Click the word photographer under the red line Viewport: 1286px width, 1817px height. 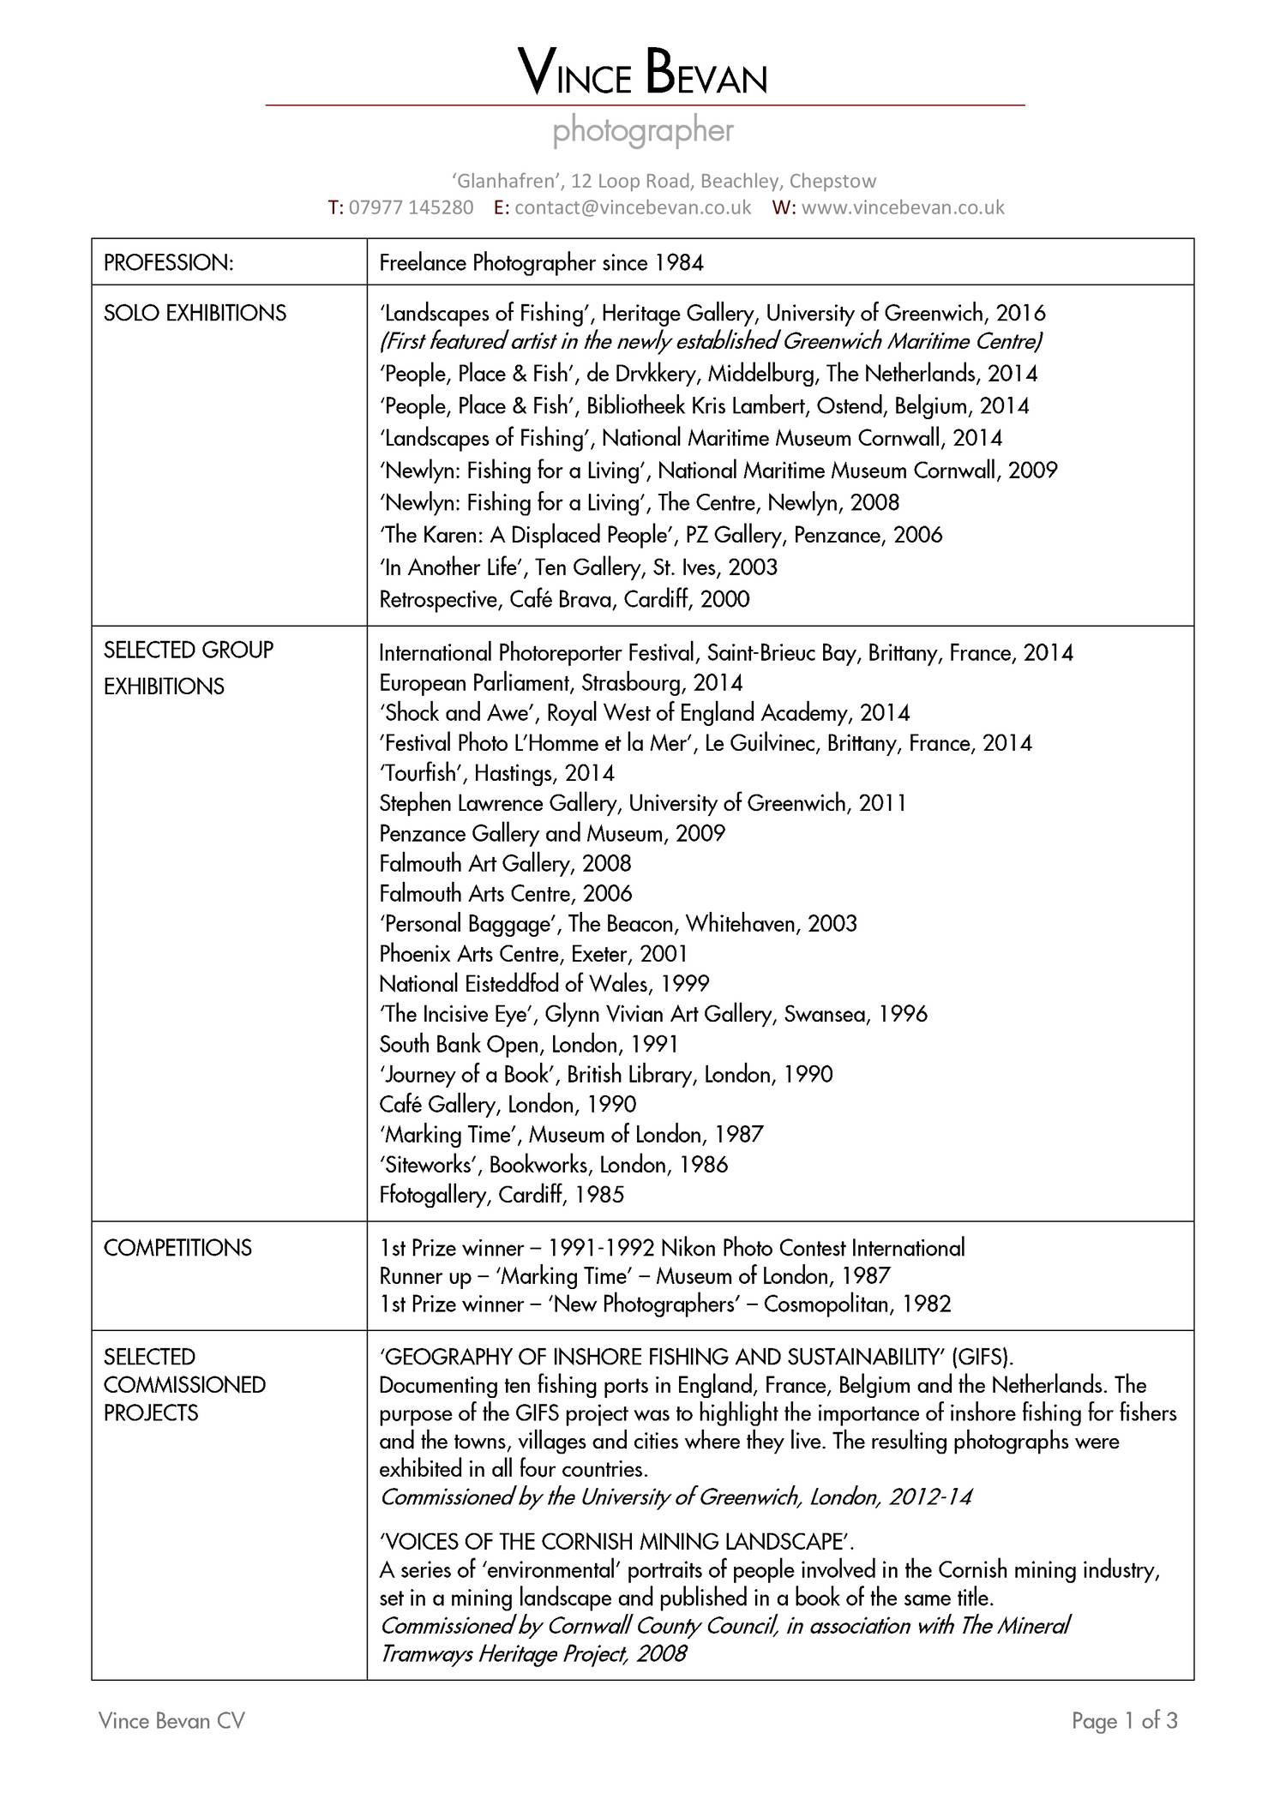643,131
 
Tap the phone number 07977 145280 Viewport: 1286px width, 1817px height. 411,207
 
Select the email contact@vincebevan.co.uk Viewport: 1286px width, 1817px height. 633,207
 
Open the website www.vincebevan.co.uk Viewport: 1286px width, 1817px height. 902,207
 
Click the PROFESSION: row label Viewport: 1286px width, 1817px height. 168,263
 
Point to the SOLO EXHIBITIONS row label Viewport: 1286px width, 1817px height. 195,313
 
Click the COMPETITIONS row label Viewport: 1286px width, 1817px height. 177,1248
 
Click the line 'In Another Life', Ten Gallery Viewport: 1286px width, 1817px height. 578,567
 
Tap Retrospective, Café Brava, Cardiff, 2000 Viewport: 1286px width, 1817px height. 564,599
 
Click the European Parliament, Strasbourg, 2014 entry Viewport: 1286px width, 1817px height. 561,683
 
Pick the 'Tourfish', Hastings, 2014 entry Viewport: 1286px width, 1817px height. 496,773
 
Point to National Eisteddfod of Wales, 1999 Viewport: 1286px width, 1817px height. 544,984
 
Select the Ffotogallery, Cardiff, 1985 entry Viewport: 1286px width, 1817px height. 502,1195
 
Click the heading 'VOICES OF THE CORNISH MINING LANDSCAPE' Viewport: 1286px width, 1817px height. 616,1542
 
